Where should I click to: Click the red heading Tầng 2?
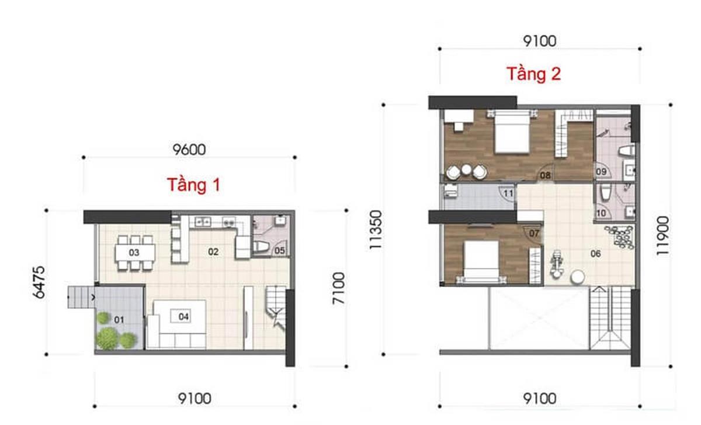click(x=533, y=74)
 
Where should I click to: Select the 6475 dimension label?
click(x=39, y=282)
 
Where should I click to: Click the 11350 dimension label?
click(x=374, y=230)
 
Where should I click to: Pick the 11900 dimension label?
click(x=661, y=234)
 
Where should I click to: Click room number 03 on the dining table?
click(x=134, y=253)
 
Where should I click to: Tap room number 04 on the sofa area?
click(x=184, y=317)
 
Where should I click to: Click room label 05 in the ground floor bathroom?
click(x=279, y=251)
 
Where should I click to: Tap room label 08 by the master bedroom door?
click(x=545, y=174)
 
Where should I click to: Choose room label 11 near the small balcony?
click(x=508, y=192)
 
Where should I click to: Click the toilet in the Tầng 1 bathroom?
click(x=263, y=247)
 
